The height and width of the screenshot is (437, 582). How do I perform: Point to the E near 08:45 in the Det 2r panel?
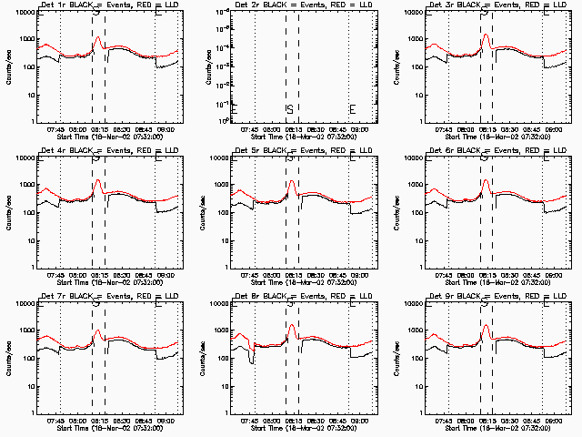352,110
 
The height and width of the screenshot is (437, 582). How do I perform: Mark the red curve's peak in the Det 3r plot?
486,36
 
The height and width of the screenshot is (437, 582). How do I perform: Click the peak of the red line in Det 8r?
292,324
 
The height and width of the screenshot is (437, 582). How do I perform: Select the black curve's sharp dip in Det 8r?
251,362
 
